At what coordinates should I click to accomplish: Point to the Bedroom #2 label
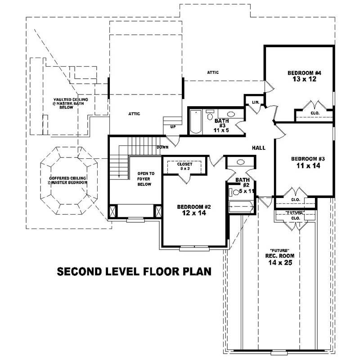194,207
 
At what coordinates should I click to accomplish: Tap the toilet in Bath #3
210,117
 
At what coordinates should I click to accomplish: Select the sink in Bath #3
230,114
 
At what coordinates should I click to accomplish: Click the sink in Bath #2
240,162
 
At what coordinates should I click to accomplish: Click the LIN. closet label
255,103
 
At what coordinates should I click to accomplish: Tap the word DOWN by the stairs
162,147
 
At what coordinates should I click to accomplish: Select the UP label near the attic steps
173,126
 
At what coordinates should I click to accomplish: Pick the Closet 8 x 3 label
184,166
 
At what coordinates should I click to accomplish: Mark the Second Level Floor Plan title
134,272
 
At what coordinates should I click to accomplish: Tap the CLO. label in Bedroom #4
315,113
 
